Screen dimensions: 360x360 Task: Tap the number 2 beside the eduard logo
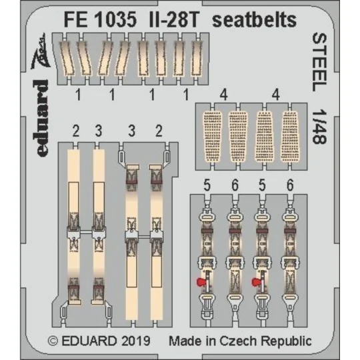77,130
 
